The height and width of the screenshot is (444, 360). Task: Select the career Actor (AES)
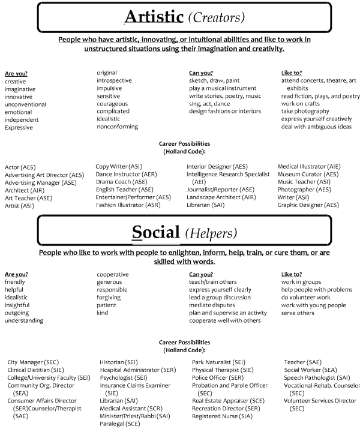(x=20, y=166)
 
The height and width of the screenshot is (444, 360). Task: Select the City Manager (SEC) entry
(x=34, y=362)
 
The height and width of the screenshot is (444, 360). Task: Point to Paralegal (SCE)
(x=120, y=424)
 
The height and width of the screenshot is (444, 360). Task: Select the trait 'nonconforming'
(x=118, y=127)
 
